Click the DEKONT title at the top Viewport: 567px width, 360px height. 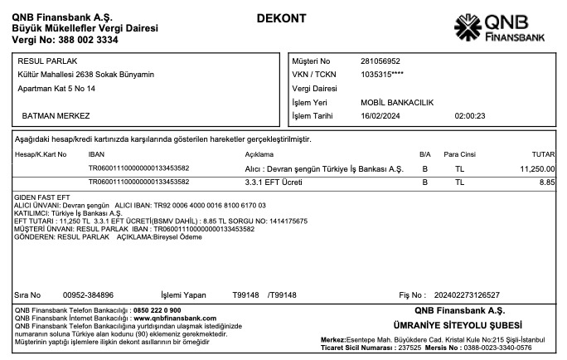[x=282, y=18]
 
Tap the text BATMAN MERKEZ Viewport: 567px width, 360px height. [x=56, y=115]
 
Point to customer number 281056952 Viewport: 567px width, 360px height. [x=380, y=61]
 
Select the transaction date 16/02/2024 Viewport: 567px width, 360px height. [x=381, y=116]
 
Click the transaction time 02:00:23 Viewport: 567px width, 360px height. [x=470, y=116]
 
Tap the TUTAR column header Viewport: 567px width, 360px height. [x=543, y=154]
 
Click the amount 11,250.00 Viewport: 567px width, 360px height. [x=537, y=168]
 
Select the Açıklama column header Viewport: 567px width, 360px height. [x=259, y=154]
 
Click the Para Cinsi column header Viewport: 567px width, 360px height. [x=459, y=154]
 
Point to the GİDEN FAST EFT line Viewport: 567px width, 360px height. [x=39, y=197]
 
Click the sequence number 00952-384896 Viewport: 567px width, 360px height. [x=88, y=294]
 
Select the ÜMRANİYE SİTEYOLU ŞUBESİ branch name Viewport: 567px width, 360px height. [x=457, y=324]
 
